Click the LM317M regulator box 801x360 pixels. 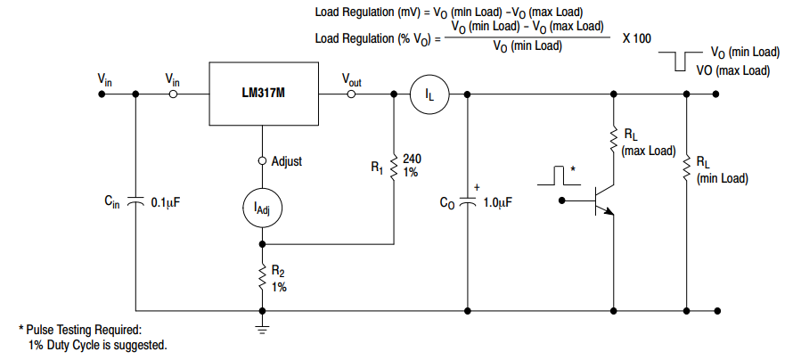[264, 94]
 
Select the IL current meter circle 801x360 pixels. [429, 94]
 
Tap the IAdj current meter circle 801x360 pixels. [263, 208]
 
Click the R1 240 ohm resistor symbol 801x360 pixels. [394, 166]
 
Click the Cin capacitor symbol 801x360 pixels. [135, 202]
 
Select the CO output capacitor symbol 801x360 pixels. [469, 202]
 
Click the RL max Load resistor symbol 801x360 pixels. [614, 139]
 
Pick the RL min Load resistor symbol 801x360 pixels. [687, 168]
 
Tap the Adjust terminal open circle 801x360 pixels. [263, 161]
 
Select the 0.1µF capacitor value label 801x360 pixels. [166, 203]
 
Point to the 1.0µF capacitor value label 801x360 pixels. [498, 203]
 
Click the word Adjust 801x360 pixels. [287, 161]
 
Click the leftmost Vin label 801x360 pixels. [105, 79]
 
